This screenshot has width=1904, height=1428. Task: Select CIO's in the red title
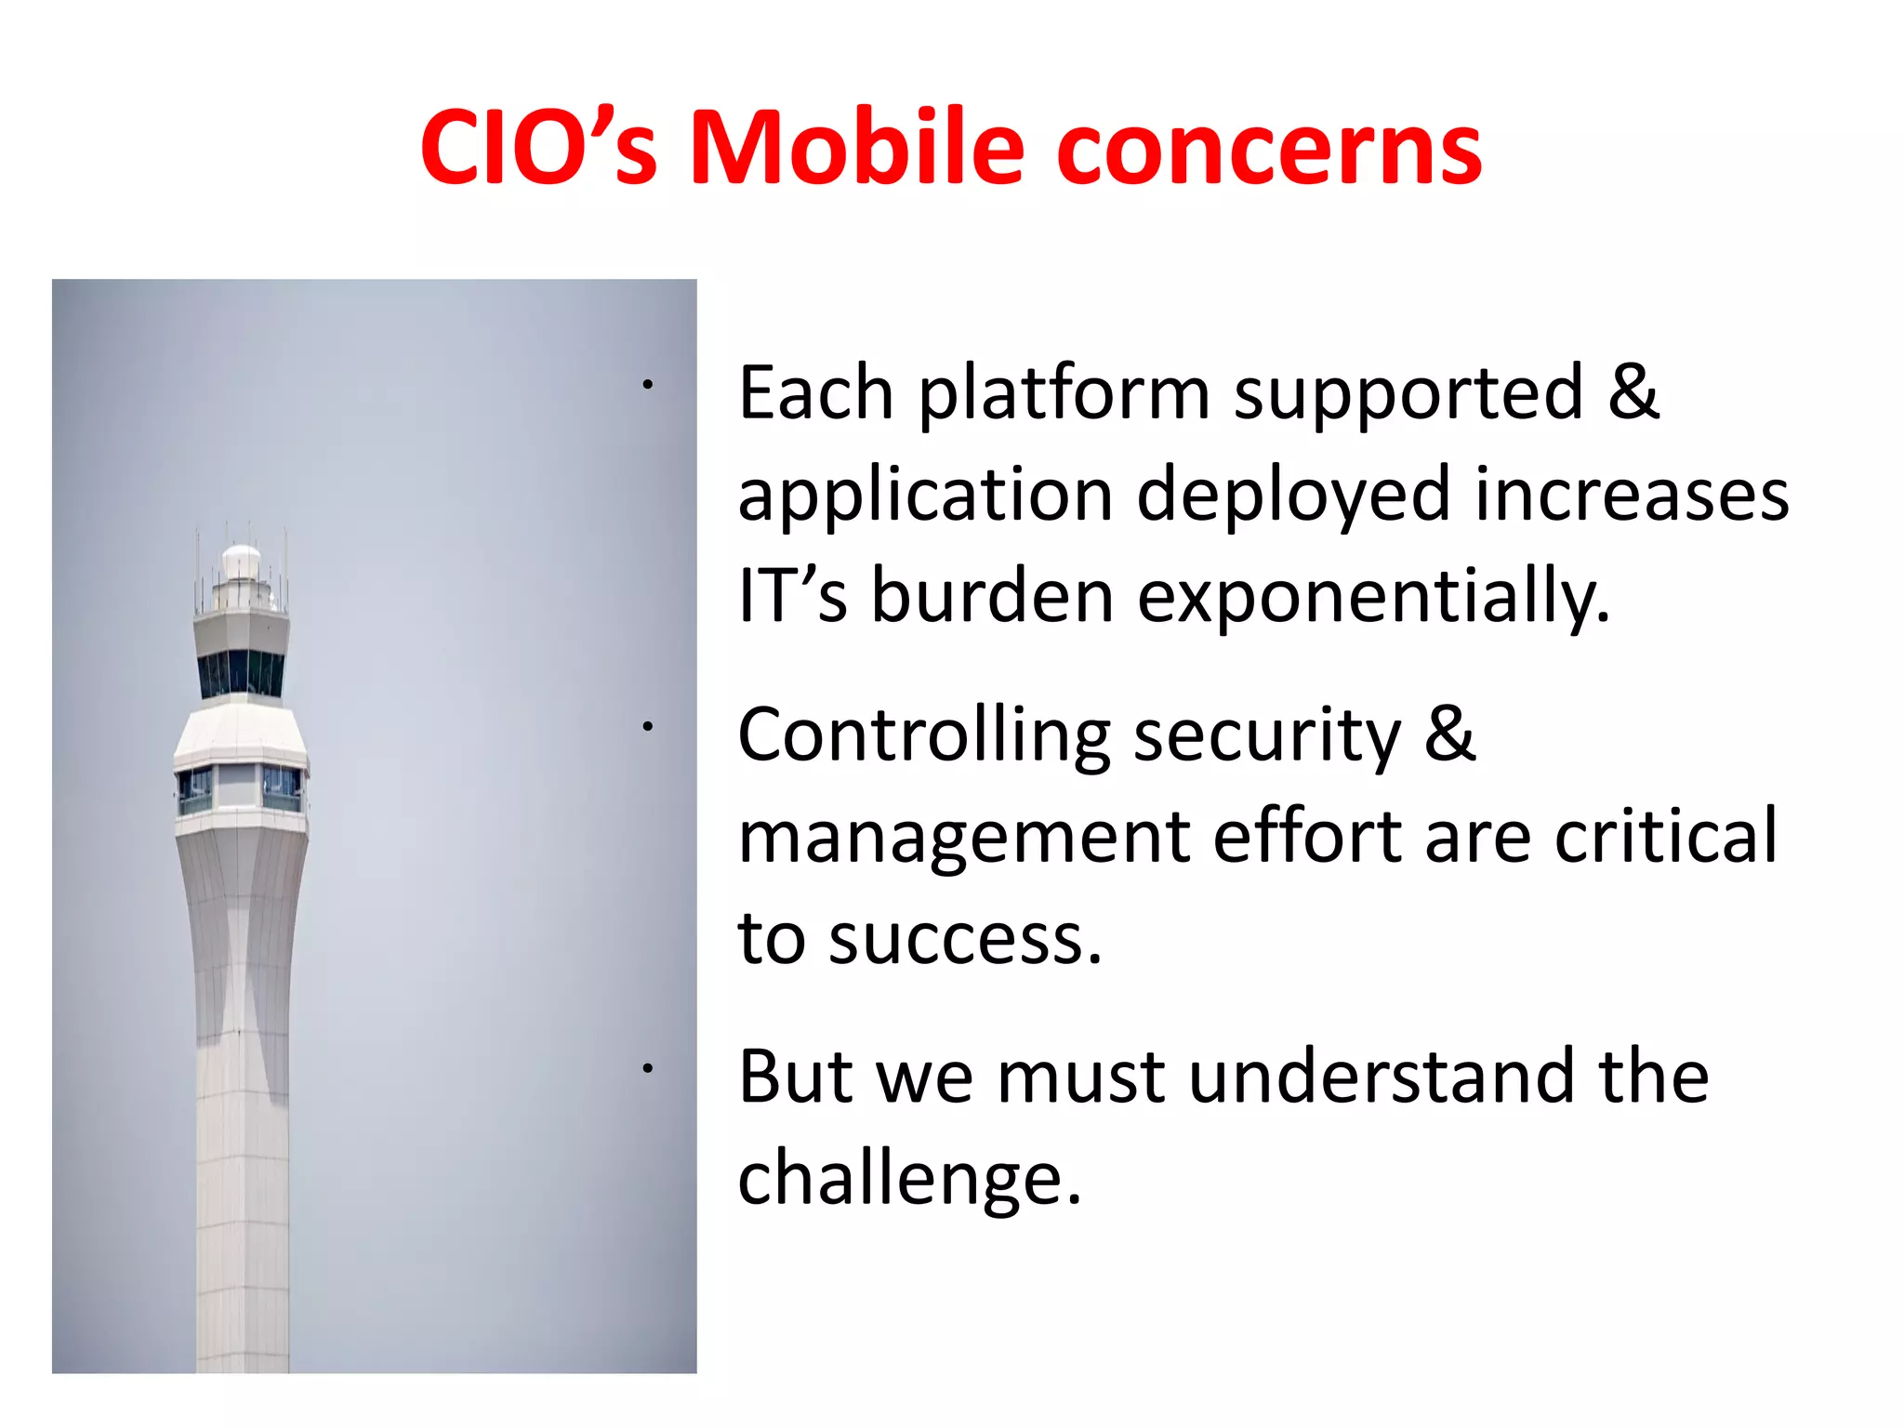click(x=539, y=149)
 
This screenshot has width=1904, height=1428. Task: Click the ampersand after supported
click(x=1633, y=392)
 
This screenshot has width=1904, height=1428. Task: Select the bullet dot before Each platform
click(x=648, y=384)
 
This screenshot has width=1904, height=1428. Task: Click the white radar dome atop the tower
click(x=242, y=561)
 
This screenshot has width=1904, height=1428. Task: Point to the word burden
click(x=992, y=598)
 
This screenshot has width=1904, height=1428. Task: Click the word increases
click(x=1632, y=496)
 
